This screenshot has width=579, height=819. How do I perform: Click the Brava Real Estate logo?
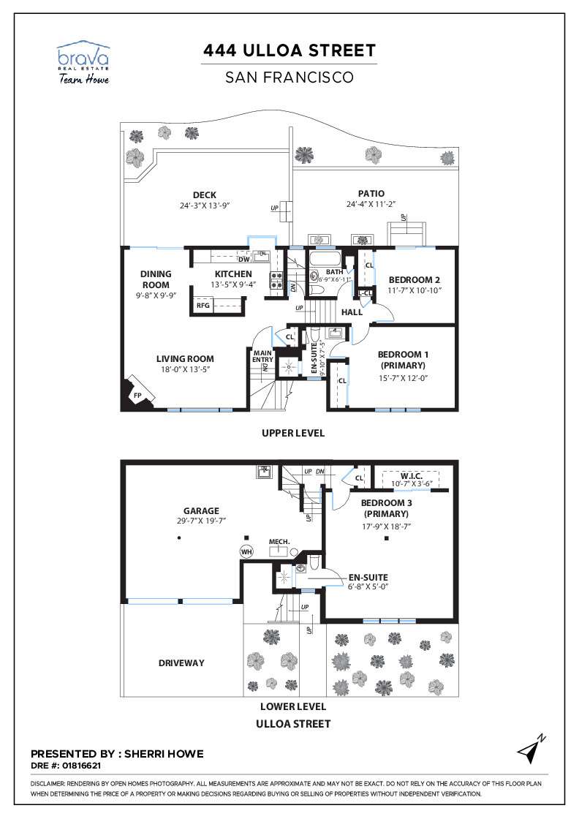coord(83,63)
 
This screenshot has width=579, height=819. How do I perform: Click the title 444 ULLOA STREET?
coord(289,50)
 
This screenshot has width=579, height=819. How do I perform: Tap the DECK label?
coord(205,195)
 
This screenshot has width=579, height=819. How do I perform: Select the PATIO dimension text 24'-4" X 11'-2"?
coord(371,204)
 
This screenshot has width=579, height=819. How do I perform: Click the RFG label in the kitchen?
coord(203,305)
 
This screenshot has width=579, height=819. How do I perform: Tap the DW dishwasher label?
coord(244,259)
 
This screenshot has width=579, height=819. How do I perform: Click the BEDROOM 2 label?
coord(414,280)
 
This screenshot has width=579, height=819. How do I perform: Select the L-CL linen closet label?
coord(366,293)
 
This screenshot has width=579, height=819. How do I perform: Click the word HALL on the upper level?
coord(352,312)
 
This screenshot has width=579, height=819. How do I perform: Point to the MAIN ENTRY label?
coord(262,356)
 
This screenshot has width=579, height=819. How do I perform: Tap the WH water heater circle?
coord(246,551)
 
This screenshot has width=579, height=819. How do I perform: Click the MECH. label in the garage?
coord(279,542)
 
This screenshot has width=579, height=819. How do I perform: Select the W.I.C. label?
coord(412,476)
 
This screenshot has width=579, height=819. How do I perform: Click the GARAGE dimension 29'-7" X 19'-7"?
coord(202,521)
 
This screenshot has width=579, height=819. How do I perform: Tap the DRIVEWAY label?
coord(181,663)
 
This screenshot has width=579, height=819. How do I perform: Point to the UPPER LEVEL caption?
coord(293,433)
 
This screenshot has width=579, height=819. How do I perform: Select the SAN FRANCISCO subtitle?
coord(289,78)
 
